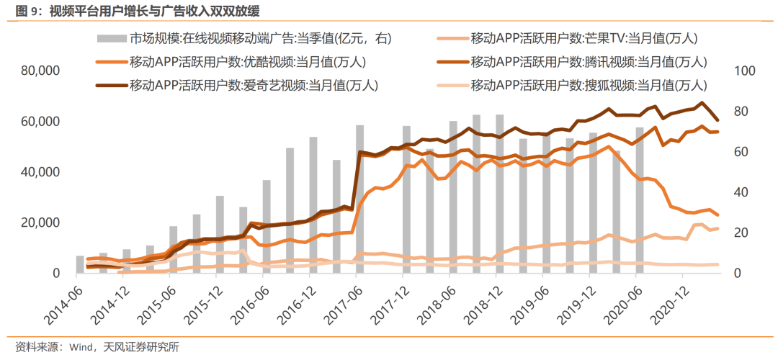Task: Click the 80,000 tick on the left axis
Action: click(40, 71)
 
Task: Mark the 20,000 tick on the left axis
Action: click(40, 223)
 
